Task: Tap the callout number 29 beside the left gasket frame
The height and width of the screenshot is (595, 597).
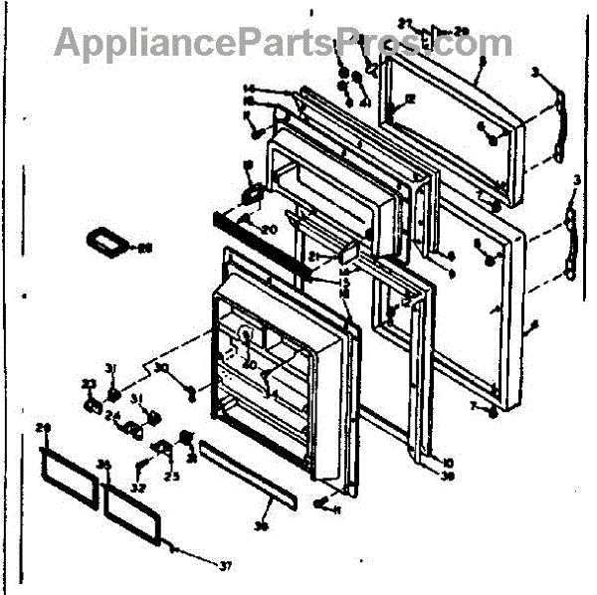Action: (x=42, y=428)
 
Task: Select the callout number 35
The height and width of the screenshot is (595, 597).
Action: (x=103, y=464)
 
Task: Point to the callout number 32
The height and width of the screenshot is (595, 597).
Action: (x=137, y=488)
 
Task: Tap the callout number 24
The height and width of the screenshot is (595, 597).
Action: (x=112, y=417)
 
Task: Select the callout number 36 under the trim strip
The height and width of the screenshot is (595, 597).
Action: (x=263, y=527)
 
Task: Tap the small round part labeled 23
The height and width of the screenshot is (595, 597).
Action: (x=92, y=406)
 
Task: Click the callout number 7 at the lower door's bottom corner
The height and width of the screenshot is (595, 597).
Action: (x=478, y=406)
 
